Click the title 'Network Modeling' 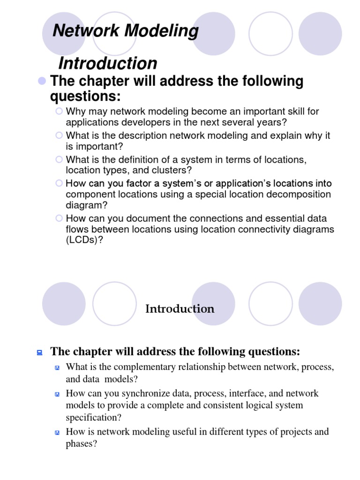point(126,31)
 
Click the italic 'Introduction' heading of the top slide point(107,63)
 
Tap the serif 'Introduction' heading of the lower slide point(180,308)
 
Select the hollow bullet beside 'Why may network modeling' point(59,111)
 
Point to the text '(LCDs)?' point(84,240)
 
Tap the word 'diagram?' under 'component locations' point(87,205)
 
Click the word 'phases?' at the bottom point(81,443)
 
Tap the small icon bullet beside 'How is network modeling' point(57,432)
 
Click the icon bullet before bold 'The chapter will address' point(40,352)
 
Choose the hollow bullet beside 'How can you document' point(59,218)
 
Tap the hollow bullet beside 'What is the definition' point(59,159)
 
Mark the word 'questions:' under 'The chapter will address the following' point(85,97)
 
